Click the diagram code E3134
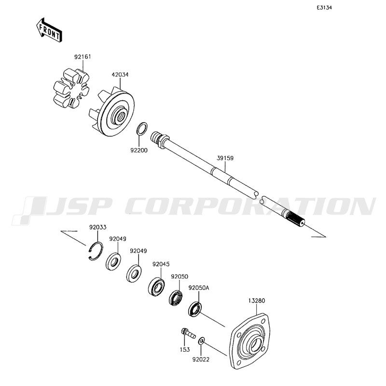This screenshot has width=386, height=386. pos(324,8)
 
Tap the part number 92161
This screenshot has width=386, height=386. pos(83,56)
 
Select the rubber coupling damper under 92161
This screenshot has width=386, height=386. pos(71,88)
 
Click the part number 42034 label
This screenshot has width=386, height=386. pos(120,74)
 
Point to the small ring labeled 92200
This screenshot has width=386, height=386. pos(142,128)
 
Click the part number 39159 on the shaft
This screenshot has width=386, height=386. pos(225,158)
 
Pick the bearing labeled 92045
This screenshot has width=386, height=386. pos(156,286)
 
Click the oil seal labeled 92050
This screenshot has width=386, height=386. pos(176,298)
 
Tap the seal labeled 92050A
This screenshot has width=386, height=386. pos(195,308)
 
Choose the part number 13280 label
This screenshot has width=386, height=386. pos(257,301)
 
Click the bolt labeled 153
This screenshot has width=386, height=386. pos(188,333)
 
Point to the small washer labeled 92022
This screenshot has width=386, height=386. pos(201,341)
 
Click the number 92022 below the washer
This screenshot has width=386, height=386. pos(201,359)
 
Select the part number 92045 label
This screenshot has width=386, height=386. pos(161,264)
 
